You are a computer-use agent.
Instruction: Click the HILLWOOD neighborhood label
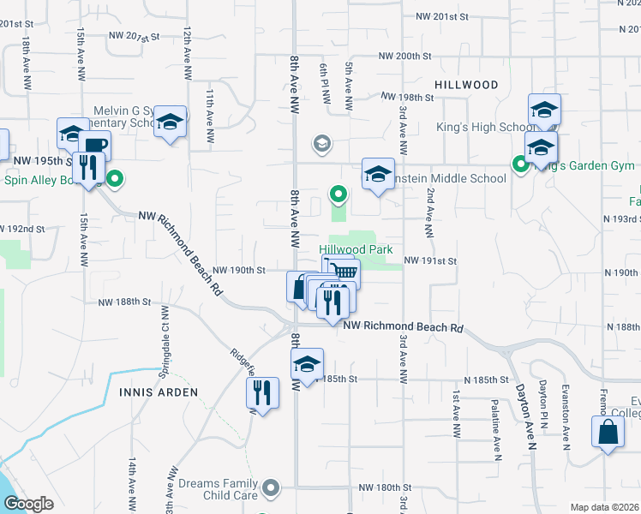click(466, 85)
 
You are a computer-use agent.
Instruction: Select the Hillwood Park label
click(362, 249)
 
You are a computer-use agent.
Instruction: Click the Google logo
click(28, 504)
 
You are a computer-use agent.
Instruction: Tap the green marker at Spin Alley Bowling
click(116, 180)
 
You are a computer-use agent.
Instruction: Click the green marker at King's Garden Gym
click(519, 163)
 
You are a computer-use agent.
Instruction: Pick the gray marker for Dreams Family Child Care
click(272, 488)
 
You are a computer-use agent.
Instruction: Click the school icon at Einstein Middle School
click(378, 174)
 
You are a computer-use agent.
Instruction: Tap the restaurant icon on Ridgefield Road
click(263, 392)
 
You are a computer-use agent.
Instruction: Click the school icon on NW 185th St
click(307, 364)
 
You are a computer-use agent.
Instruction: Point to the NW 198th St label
click(410, 98)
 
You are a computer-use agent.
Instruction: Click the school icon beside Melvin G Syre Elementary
click(171, 123)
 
